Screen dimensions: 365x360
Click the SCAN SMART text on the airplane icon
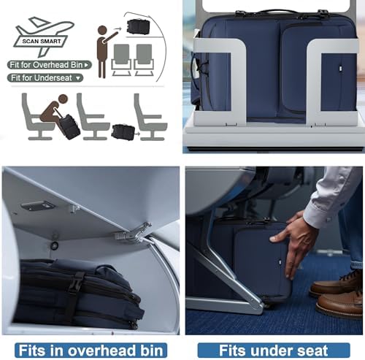point(42,41)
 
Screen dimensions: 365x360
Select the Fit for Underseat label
point(45,78)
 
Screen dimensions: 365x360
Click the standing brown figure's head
point(102,30)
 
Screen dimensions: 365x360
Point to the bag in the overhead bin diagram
point(138,26)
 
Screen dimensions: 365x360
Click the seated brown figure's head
point(63,99)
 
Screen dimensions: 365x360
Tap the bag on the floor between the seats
point(123,131)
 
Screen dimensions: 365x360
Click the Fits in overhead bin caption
point(91,351)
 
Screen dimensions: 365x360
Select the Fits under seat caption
point(274,351)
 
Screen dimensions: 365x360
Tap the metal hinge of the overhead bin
point(134,234)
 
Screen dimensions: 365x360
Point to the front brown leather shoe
point(341,303)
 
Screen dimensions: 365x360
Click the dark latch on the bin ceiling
point(38,206)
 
